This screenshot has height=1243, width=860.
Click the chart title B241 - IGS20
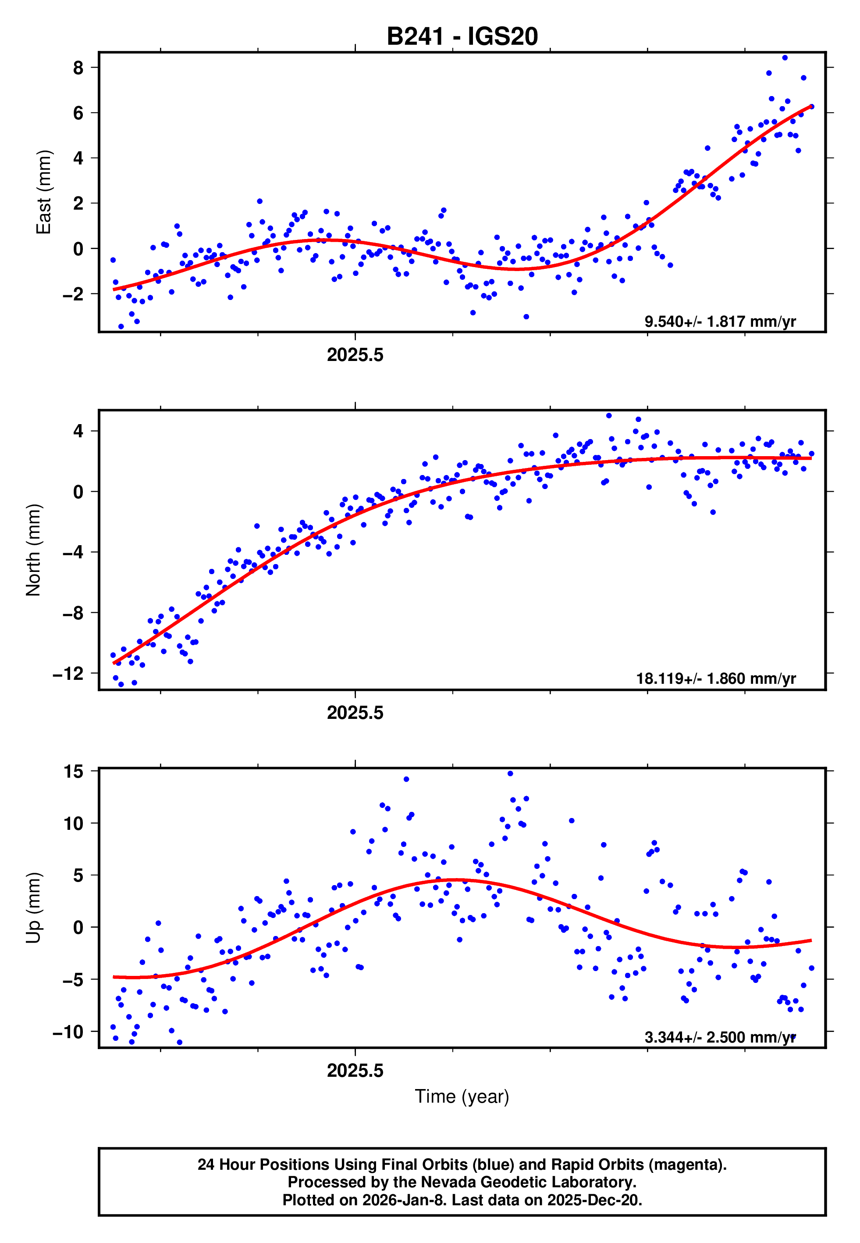click(x=462, y=37)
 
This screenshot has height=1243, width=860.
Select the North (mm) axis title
click(x=33, y=550)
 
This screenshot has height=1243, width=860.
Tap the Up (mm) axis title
click(x=33, y=908)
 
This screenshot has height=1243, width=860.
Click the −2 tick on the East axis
click(x=73, y=294)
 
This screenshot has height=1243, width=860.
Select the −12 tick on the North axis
click(x=68, y=674)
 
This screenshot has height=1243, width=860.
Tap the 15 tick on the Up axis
click(x=74, y=772)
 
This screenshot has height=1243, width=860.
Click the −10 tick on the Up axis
click(x=68, y=1032)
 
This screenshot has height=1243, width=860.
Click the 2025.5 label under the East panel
click(x=355, y=355)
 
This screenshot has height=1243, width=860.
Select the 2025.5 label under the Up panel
click(x=355, y=1071)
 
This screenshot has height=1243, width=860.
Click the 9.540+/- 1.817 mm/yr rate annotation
click(x=720, y=322)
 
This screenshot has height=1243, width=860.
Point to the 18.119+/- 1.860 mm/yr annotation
click(x=716, y=679)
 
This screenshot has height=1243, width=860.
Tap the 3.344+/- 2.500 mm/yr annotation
click(x=720, y=1038)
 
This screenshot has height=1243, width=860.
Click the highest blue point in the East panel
click(x=785, y=57)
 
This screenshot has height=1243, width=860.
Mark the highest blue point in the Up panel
click(x=510, y=774)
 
